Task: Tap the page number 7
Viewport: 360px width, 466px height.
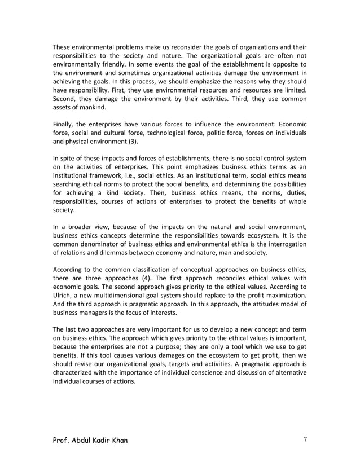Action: (x=304, y=439)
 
